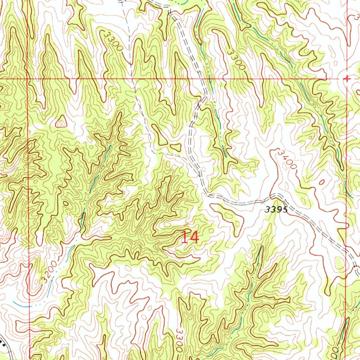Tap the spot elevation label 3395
click(276, 210)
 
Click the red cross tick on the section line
click(347, 79)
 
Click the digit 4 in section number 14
click(194, 238)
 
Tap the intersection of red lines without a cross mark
click(28, 79)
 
